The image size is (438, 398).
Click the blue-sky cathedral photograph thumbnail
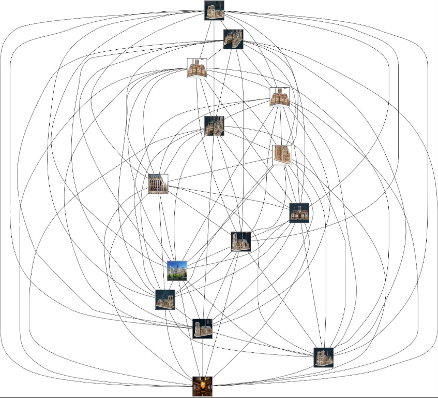coord(177,271)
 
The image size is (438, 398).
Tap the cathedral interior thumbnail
coord(202,386)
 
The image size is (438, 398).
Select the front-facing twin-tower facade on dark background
coord(299,212)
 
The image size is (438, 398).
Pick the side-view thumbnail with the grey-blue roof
coord(158,184)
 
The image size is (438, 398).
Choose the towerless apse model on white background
coord(282,155)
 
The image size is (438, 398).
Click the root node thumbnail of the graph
coord(214,10)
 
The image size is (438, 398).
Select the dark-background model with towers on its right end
coord(233,39)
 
